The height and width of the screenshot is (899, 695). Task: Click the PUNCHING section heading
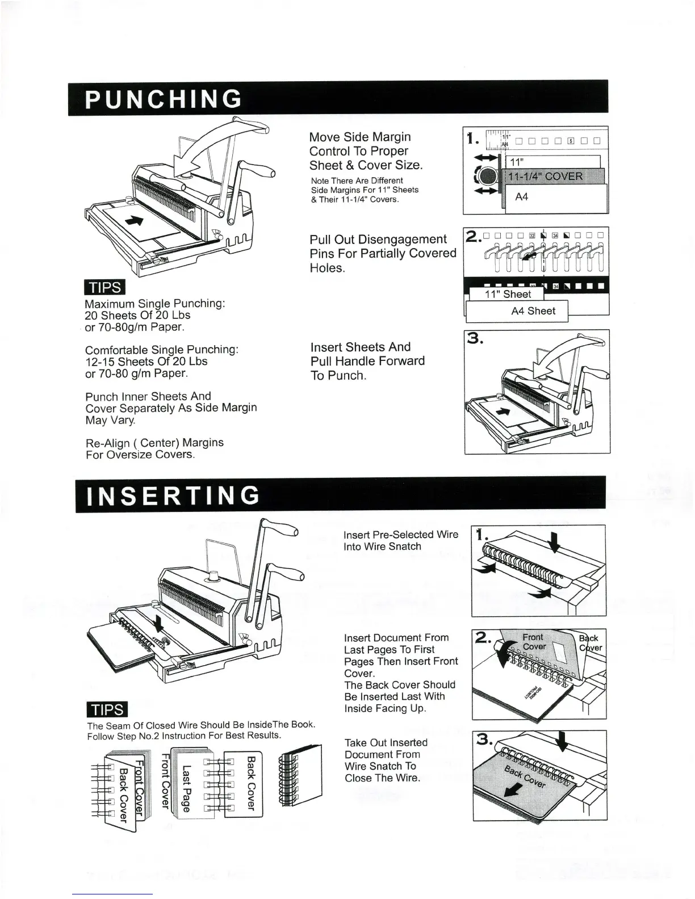coord(164,99)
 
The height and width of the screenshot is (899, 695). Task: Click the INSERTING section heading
coord(173,495)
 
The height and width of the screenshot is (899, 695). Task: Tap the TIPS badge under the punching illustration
coord(104,288)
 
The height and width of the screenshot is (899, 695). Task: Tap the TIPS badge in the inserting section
coord(107,710)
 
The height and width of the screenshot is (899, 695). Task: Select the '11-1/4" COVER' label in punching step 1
coord(545,177)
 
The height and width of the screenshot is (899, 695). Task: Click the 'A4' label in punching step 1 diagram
coord(521,197)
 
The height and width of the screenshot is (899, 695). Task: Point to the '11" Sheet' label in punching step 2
coord(508,294)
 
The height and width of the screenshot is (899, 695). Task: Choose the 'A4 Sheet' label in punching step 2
coord(533,311)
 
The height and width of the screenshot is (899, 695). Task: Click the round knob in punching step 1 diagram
coord(486,177)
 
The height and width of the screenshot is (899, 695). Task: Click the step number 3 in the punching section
coord(475,339)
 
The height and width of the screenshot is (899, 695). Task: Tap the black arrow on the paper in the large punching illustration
coord(134,221)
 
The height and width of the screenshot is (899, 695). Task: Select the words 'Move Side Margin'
coord(360,137)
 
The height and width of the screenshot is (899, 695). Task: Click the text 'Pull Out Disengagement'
coord(378,239)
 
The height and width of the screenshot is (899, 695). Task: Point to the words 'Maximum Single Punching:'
coord(155,304)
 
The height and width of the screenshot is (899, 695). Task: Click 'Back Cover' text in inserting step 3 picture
coord(525,776)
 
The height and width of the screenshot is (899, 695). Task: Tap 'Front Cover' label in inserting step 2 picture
coord(533,642)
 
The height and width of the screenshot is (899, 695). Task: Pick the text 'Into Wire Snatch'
coord(382,547)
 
